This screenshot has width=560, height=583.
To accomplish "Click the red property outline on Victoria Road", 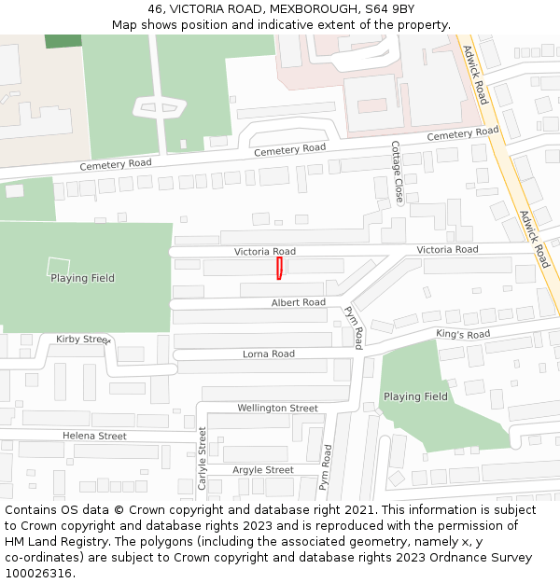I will tap(279, 269).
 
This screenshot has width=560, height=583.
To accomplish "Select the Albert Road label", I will tap(299, 302).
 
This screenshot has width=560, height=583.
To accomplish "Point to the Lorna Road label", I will tap(269, 354).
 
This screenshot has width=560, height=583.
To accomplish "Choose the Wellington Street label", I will tap(277, 408).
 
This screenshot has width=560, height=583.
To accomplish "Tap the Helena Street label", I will tap(94, 436).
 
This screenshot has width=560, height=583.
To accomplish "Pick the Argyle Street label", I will tap(263, 470).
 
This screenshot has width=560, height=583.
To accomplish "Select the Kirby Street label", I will tap(82, 340).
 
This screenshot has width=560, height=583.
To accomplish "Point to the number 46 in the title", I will tap(156, 8).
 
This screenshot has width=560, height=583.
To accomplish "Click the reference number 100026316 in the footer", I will tap(38, 573).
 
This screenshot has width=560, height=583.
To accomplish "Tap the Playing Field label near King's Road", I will tap(415, 396).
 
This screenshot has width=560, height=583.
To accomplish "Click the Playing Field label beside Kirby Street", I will tap(82, 278).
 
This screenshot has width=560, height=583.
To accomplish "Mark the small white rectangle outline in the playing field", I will tap(58, 266).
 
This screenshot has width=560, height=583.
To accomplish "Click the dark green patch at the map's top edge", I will tap(63, 41).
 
